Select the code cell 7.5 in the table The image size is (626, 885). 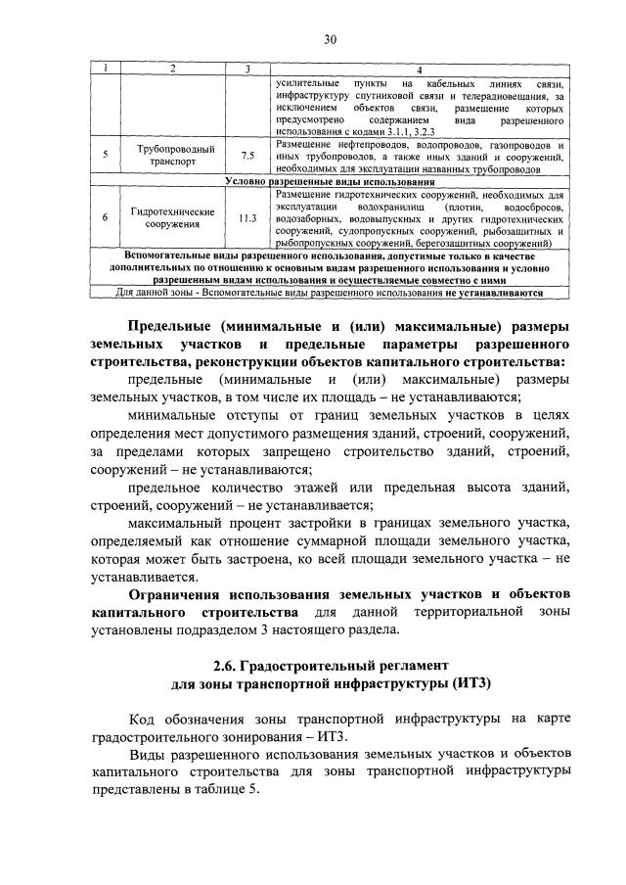247,155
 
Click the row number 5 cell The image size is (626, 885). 105,155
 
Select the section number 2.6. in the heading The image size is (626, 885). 227,667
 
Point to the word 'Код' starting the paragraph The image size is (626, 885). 142,719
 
